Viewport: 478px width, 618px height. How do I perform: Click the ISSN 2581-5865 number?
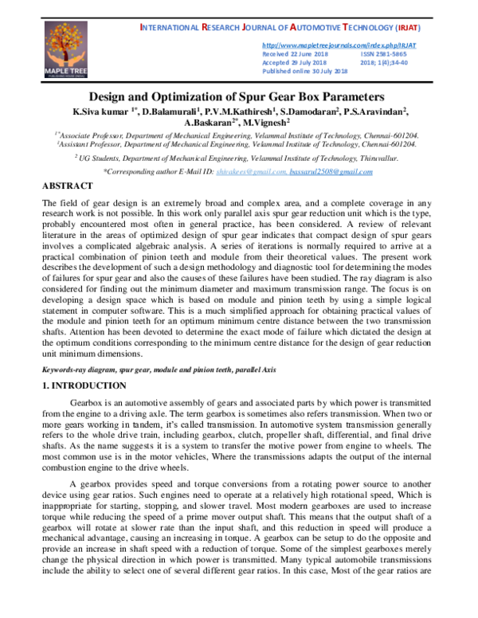click(x=382, y=54)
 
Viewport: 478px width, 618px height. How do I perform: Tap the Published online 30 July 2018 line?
click(x=305, y=71)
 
